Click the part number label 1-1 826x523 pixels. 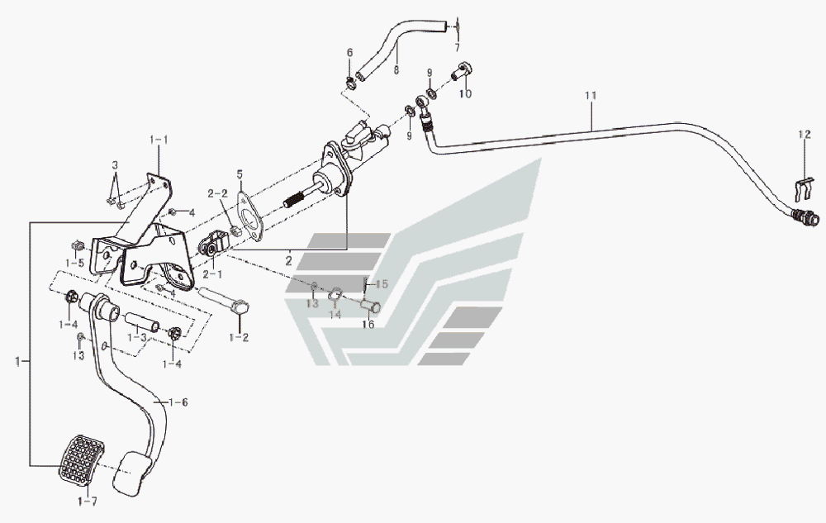point(158,140)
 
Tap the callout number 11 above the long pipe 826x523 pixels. point(590,97)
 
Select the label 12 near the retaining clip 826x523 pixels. point(805,133)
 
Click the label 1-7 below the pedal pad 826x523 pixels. point(88,501)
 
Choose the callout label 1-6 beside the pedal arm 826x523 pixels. point(178,402)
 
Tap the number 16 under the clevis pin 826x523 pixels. point(368,325)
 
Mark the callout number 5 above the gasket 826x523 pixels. point(240,174)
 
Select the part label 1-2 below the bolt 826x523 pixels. point(240,337)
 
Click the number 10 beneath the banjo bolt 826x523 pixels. point(465,94)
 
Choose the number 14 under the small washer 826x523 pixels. point(335,315)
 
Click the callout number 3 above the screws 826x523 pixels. point(116,166)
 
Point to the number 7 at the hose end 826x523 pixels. point(457,48)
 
